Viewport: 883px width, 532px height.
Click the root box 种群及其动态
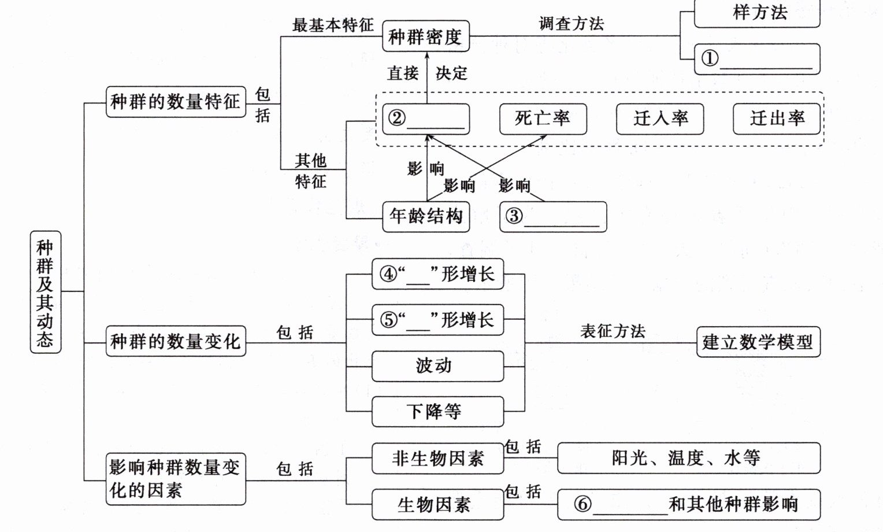pos(45,292)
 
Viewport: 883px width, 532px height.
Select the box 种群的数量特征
pos(176,102)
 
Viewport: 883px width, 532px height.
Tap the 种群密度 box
pos(426,36)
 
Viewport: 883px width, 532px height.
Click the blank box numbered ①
pos(756,59)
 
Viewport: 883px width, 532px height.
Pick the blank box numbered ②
pos(426,119)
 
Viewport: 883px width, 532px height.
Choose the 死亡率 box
pos(543,119)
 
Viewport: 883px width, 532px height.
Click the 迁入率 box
pos(660,119)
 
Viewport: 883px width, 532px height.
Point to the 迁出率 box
pos(777,119)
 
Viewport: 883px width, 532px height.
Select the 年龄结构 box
pos(426,217)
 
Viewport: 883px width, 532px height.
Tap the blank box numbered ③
pos(553,217)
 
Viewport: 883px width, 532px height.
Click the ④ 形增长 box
pos(437,274)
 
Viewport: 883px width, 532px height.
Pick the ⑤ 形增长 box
pos(437,320)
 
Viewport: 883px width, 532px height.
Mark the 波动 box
pos(437,366)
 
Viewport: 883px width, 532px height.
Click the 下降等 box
pos(437,412)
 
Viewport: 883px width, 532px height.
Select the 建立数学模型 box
pos(758,342)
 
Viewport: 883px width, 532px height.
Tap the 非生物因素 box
pos(437,459)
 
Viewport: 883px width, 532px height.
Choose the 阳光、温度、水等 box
pos(688,459)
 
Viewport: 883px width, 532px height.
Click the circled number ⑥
pos(583,504)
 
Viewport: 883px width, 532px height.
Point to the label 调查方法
pos(571,24)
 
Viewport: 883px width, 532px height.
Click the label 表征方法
pos(613,331)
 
